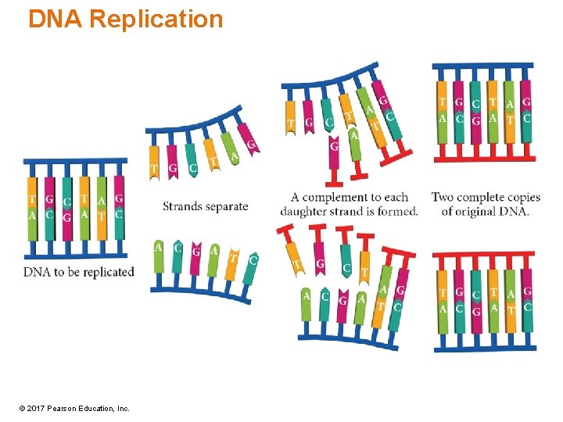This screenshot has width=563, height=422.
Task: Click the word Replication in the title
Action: (x=156, y=19)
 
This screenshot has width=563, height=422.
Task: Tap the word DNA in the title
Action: (x=56, y=19)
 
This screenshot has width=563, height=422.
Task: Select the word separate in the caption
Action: (x=227, y=207)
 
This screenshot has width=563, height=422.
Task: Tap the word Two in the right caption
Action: (x=443, y=197)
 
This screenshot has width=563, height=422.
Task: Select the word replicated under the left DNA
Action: (x=107, y=272)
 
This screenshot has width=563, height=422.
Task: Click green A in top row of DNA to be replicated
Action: (x=102, y=201)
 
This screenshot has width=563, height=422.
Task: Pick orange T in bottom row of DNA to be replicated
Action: (x=102, y=216)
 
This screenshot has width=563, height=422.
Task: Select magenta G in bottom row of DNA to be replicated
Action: (x=66, y=217)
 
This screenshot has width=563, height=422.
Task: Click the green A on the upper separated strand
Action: (x=234, y=157)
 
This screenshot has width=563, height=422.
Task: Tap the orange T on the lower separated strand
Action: (x=234, y=257)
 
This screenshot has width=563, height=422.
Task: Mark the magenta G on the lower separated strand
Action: (x=195, y=251)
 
